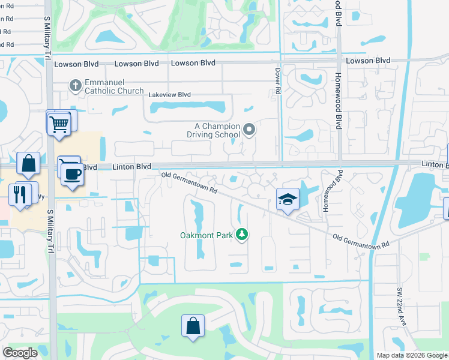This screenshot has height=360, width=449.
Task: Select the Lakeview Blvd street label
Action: tap(170, 95)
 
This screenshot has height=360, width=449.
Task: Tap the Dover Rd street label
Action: tap(278, 80)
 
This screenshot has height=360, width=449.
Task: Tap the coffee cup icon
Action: tap(73, 174)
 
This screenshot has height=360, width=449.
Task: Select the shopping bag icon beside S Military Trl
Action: tap(28, 163)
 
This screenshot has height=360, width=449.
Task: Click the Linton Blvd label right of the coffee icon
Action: tap(132, 166)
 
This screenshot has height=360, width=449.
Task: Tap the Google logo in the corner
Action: tap(20, 353)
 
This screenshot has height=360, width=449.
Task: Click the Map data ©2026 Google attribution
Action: tap(411, 355)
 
